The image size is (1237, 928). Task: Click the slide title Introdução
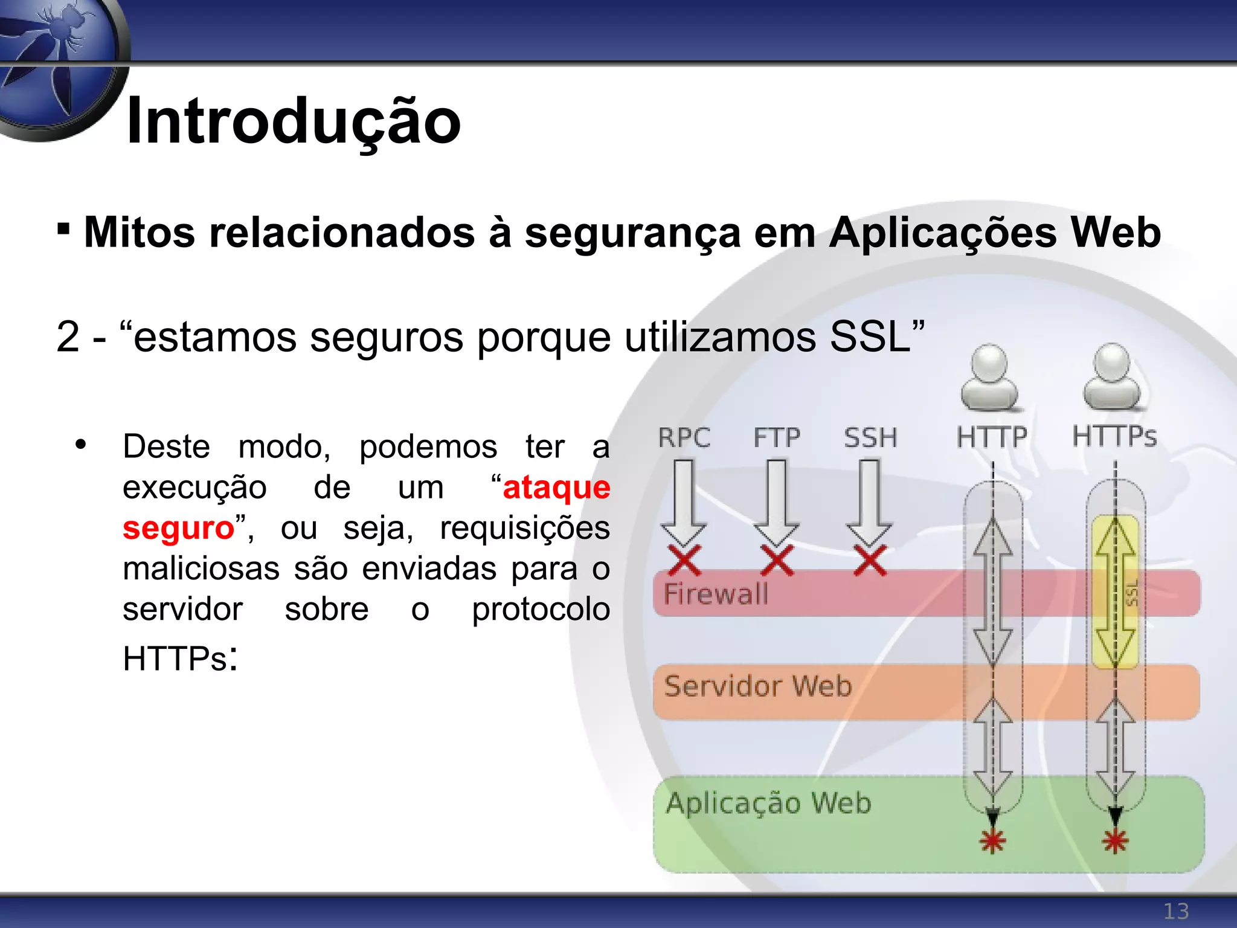294,121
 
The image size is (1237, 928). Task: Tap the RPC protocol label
684,437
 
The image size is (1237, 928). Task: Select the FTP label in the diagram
777,437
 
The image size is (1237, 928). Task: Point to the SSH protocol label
870,437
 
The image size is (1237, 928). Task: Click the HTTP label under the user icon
992,437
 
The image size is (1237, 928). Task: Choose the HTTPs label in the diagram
1114,436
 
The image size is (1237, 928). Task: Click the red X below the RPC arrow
684,561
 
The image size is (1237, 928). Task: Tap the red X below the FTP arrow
777,561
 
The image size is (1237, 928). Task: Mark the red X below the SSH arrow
870,561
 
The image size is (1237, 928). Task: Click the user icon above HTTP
989,376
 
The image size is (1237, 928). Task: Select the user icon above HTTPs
1112,376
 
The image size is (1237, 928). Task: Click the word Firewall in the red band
716,593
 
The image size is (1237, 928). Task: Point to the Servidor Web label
757,686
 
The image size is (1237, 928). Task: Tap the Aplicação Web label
768,803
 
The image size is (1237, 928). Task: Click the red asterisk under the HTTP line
992,840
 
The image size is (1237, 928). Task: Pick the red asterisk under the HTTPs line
1115,840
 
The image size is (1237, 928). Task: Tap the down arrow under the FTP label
777,501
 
